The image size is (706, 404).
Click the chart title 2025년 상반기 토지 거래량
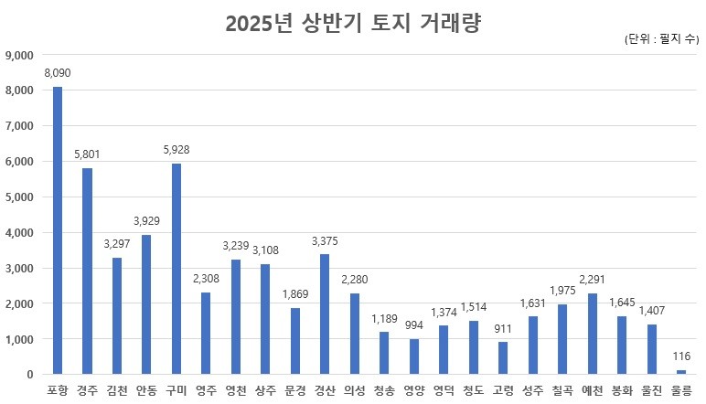pyautogui.click(x=353, y=23)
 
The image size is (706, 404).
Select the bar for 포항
pyautogui.click(x=58, y=230)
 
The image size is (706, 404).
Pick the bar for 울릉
pyautogui.click(x=680, y=372)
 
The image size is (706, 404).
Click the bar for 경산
pyautogui.click(x=325, y=314)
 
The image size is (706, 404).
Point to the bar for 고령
pyautogui.click(x=503, y=357)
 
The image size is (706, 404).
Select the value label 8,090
pyautogui.click(x=58, y=72)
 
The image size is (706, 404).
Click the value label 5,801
pyautogui.click(x=87, y=154)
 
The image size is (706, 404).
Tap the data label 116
pyautogui.click(x=680, y=356)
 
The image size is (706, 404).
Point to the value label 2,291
pyautogui.click(x=592, y=278)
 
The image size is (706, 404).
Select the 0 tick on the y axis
pyautogui.click(x=29, y=375)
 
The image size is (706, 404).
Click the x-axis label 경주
pyautogui.click(x=87, y=390)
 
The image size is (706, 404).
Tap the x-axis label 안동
pyautogui.click(x=146, y=390)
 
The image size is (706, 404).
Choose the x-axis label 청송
pyautogui.click(x=384, y=390)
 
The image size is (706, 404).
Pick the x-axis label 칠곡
pyautogui.click(x=562, y=390)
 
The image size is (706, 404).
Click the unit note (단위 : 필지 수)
pyautogui.click(x=662, y=40)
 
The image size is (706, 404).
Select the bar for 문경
pyautogui.click(x=294, y=341)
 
